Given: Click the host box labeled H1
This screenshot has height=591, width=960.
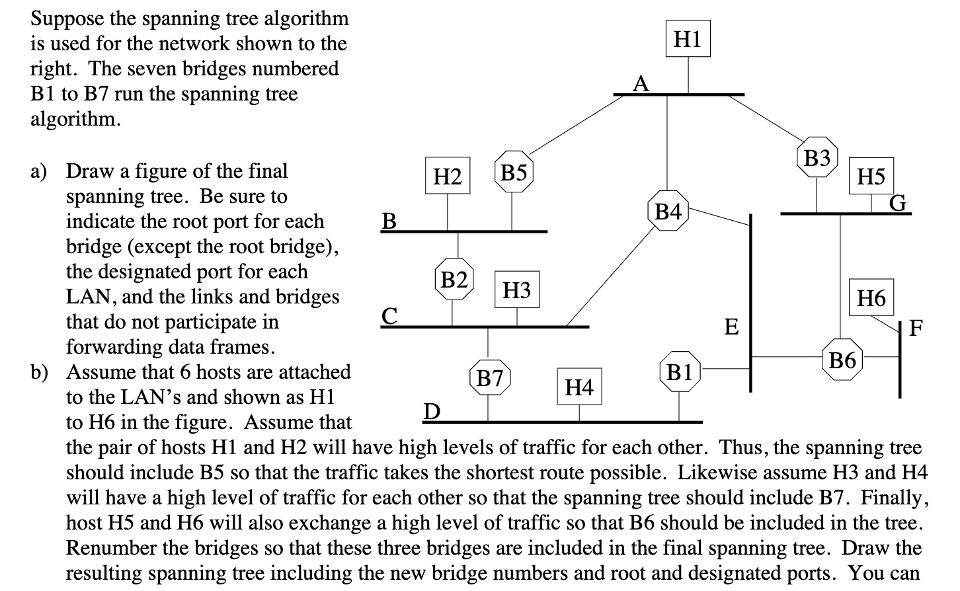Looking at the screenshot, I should pos(688,40).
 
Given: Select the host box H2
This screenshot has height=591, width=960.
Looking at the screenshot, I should pos(448,177).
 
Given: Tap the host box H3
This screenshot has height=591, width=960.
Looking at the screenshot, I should pos(517,290).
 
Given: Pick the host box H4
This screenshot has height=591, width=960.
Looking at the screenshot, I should pos(579,387).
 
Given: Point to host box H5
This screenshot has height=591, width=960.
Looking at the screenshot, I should pos(871,176).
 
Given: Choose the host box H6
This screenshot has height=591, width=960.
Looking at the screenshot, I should pos(871,297).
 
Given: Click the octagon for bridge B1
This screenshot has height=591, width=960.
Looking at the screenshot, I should pos(680,373).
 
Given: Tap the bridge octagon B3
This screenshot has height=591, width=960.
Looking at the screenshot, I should pos(817,159).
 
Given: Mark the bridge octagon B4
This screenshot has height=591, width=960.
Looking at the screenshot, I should pos(667,211).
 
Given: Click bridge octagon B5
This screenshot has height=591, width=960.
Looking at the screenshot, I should pos(514,173).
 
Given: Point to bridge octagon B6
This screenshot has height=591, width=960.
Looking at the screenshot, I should pos(842,361).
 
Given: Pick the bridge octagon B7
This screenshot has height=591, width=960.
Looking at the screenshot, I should pos(490,379).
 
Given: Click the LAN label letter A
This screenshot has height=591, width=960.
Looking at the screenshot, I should pos(640,84).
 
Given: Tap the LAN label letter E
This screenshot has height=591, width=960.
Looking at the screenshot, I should pos(731,327).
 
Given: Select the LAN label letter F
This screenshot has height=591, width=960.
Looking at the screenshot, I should pos(916,328).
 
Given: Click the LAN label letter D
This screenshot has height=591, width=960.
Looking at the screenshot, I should pos(431,412).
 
